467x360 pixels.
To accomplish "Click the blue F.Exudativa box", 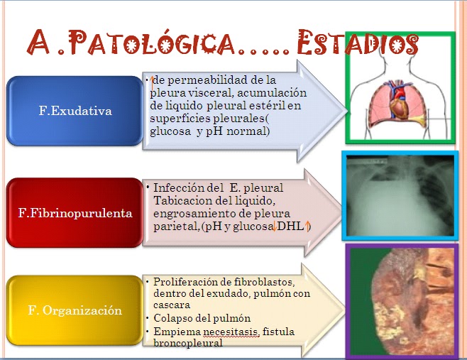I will pos(75,111).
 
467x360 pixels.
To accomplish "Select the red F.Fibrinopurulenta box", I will pos(75,213).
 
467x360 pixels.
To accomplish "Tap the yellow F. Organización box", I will pos(75,310).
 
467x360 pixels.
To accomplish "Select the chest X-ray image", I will pos(400,195).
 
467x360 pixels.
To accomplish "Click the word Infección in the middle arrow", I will pos(179,188).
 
